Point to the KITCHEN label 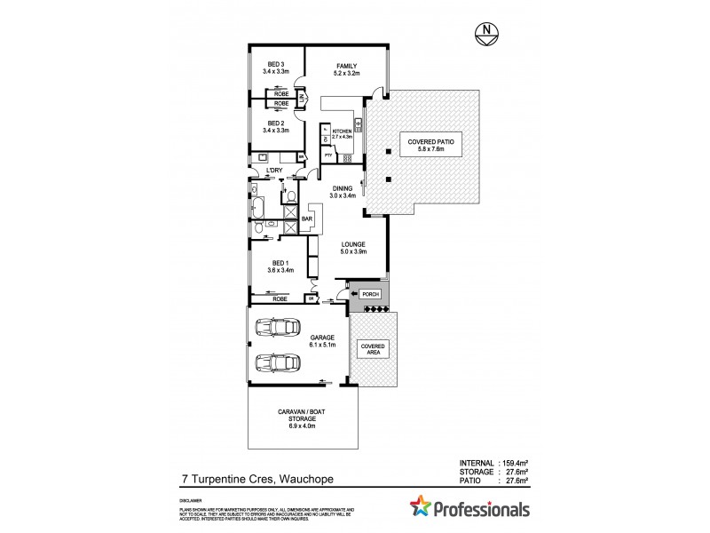click(342, 134)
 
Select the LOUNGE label click(352, 248)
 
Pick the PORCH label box click(370, 293)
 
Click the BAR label click(309, 219)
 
